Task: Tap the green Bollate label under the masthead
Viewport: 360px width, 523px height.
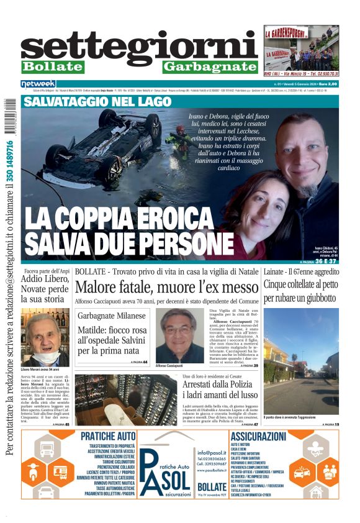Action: (52, 66)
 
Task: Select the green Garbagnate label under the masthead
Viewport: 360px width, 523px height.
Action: (210, 66)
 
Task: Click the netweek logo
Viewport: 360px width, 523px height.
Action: (38, 84)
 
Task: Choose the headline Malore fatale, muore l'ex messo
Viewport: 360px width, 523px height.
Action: (166, 287)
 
